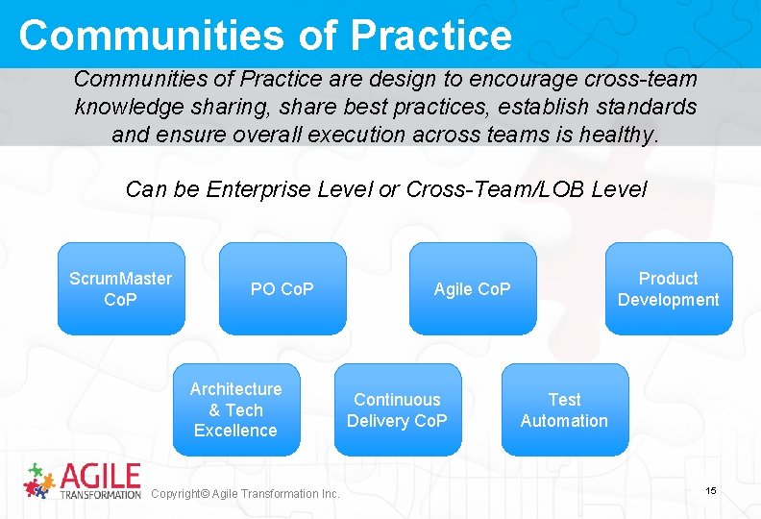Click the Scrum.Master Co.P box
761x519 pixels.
click(x=120, y=288)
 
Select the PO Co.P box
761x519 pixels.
click(x=282, y=288)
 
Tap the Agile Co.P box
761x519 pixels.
click(x=473, y=288)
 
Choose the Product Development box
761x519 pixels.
click(x=668, y=288)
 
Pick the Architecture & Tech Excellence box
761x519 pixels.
click(x=236, y=409)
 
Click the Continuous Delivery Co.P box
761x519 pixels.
click(x=397, y=409)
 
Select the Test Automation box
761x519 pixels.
click(x=564, y=409)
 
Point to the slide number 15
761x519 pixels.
click(x=711, y=491)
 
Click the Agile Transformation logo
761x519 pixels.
click(x=83, y=481)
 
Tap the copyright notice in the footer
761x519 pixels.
click(x=246, y=494)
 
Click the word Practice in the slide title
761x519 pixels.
click(x=431, y=35)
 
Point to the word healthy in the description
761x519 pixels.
click(x=621, y=135)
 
